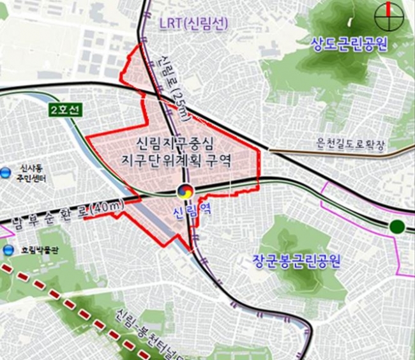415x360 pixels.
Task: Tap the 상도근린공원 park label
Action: [x=351, y=44]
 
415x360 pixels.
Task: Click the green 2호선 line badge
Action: [x=64, y=110]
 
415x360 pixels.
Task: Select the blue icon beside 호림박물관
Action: [x=7, y=250]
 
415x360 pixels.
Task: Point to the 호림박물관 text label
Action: [x=34, y=251]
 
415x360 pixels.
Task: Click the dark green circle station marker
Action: [x=397, y=225]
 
